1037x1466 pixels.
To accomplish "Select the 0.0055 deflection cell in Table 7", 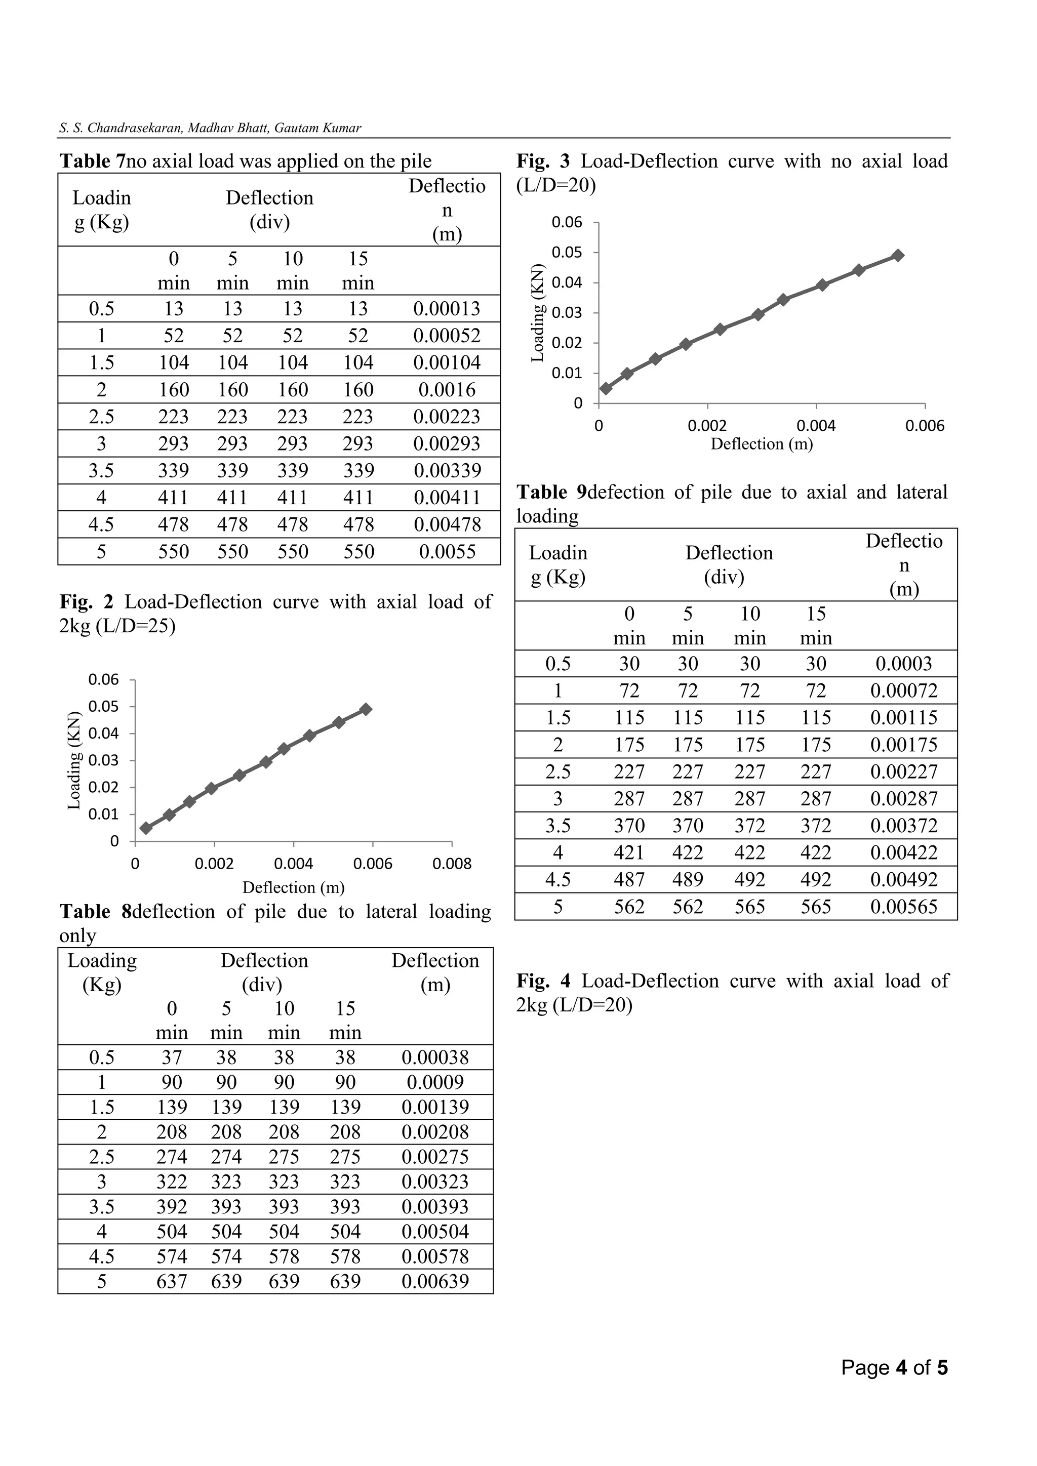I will [x=447, y=552].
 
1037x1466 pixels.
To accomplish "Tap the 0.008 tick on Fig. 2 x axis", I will [x=452, y=864].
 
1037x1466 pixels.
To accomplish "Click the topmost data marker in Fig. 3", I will [x=898, y=256].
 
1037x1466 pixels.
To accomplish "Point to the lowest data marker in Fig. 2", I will [x=146, y=828].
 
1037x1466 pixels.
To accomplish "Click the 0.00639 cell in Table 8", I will [x=435, y=1281].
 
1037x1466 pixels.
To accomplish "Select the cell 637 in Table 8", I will [x=171, y=1281].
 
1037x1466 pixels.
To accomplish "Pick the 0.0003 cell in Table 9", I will [x=903, y=664].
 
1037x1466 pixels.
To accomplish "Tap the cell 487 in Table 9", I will [x=629, y=880].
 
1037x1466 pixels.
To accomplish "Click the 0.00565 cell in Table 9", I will [x=903, y=907].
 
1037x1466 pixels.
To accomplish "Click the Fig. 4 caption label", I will [x=543, y=981].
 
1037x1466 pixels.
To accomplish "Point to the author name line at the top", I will [x=210, y=128].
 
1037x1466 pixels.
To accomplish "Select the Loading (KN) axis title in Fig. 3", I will [x=538, y=313].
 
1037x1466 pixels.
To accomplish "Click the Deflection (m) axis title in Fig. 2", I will [x=293, y=887].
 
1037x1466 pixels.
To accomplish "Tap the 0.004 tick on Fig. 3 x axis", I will [x=816, y=426].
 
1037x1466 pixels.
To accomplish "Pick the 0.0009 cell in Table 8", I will [x=435, y=1082].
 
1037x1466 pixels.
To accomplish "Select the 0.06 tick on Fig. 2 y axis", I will [x=103, y=679].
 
